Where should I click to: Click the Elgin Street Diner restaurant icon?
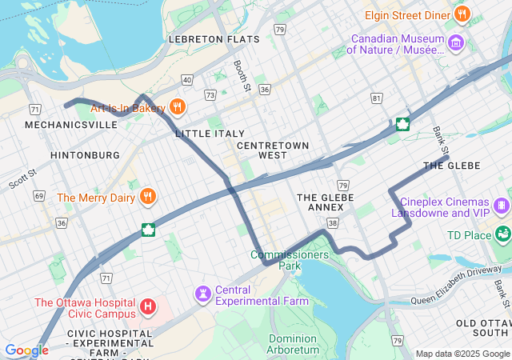[x=462, y=14]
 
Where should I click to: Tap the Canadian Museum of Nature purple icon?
[x=456, y=42]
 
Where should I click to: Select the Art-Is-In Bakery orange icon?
[x=178, y=107]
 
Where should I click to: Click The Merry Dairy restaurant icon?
[x=147, y=197]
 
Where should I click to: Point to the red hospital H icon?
[x=147, y=306]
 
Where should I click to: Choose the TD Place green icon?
[x=502, y=235]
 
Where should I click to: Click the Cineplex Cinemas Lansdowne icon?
[x=502, y=206]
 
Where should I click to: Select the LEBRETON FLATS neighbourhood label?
[x=214, y=38]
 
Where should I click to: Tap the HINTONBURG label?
[x=85, y=154]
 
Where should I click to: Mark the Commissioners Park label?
[x=290, y=260]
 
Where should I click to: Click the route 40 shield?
[x=186, y=79]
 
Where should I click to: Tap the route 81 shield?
[x=377, y=98]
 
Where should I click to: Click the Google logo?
[x=26, y=350]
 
